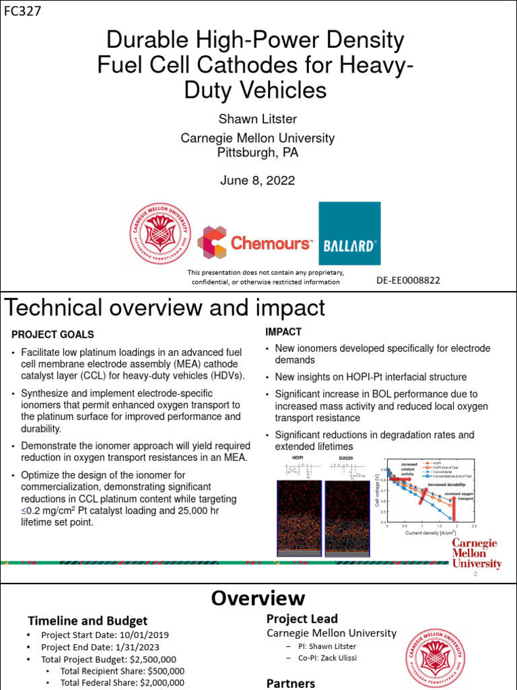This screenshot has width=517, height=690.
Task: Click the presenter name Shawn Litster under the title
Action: point(257,119)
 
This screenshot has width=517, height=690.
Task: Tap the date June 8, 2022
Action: point(257,181)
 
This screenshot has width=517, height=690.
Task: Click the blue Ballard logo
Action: point(349,233)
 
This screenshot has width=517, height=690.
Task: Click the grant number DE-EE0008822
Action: point(408,280)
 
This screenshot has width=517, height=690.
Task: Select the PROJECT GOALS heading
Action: point(53,335)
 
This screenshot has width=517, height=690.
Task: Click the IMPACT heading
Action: point(283,332)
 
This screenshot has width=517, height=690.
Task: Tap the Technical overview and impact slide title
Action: point(165,308)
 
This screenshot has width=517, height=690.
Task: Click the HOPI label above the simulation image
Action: point(298,458)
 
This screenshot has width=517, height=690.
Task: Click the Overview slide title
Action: point(258,598)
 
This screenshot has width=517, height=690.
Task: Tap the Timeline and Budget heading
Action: point(87,621)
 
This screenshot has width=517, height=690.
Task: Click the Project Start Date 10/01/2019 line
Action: point(105,635)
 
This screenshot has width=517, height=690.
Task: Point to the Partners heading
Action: point(291,683)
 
